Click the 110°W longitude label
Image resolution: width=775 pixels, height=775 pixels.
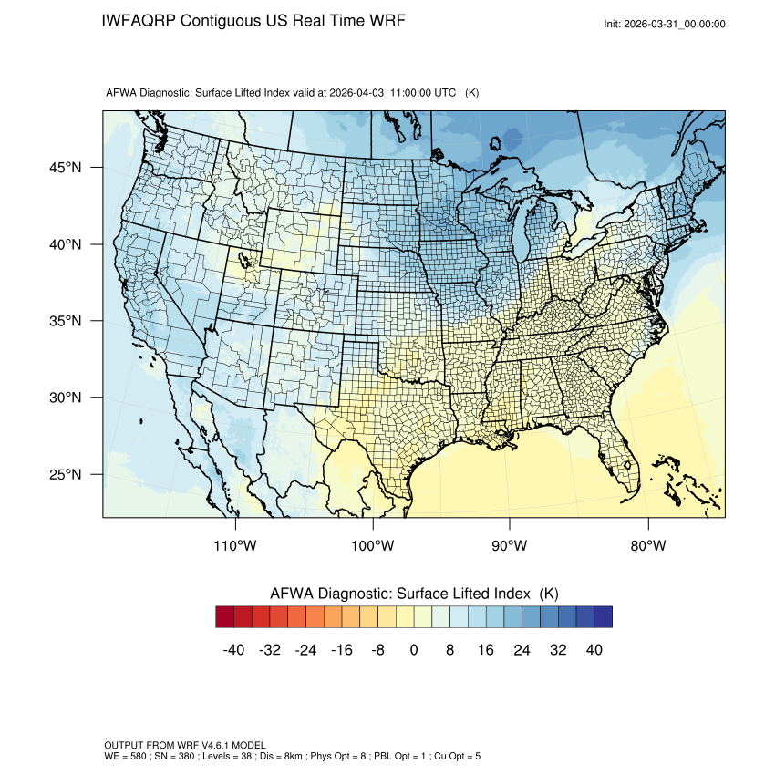[236, 546]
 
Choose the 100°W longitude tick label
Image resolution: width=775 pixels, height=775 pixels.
[373, 546]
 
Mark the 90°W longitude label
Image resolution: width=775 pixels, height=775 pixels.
[510, 546]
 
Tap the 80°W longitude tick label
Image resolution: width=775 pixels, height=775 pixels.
[647, 546]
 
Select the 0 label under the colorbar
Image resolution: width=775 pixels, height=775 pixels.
[414, 650]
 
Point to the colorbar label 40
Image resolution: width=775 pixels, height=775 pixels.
[594, 650]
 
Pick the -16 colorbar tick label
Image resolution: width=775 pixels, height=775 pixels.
[341, 650]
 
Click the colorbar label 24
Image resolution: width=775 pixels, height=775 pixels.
[522, 650]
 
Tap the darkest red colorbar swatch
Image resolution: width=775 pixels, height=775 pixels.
[225, 617]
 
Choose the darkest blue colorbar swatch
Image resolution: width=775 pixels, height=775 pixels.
[603, 617]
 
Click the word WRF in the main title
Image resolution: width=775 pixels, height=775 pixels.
[386, 20]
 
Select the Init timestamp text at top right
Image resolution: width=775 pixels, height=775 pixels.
[665, 24]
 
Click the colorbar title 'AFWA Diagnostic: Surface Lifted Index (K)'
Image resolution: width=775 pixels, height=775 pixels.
[414, 594]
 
